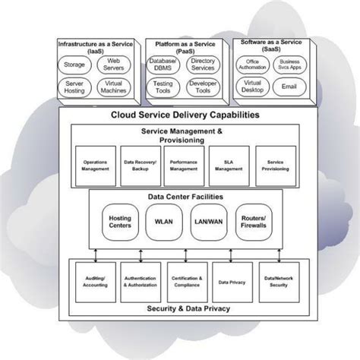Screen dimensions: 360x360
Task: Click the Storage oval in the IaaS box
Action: tap(74, 65)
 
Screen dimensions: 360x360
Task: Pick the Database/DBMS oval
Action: tap(164, 65)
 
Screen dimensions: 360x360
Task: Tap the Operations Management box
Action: tap(95, 165)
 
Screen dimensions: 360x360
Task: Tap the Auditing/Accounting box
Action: tap(95, 282)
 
